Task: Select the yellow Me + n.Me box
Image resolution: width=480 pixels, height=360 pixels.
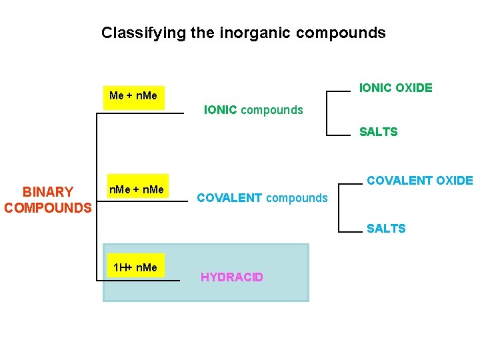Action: (x=133, y=95)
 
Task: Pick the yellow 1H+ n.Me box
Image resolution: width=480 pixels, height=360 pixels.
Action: (x=135, y=267)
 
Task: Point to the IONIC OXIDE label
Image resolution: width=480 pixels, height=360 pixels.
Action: (x=395, y=87)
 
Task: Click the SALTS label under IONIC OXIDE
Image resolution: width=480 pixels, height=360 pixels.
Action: (x=378, y=132)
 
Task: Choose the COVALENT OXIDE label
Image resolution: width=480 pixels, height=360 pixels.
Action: (x=419, y=180)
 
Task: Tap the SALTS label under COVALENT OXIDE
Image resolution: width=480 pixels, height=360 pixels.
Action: (x=385, y=229)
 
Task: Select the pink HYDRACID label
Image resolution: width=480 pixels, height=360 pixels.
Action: (x=231, y=277)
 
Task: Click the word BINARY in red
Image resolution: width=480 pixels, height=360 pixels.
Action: (x=48, y=193)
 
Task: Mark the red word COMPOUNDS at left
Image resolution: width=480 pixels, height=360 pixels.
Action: (x=48, y=207)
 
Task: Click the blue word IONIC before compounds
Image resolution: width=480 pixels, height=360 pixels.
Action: (x=220, y=110)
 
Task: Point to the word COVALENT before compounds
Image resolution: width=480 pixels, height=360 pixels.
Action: (x=229, y=198)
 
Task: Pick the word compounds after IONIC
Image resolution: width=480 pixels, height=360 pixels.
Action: (x=271, y=110)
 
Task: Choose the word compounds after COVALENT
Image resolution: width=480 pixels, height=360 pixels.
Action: (x=297, y=198)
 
